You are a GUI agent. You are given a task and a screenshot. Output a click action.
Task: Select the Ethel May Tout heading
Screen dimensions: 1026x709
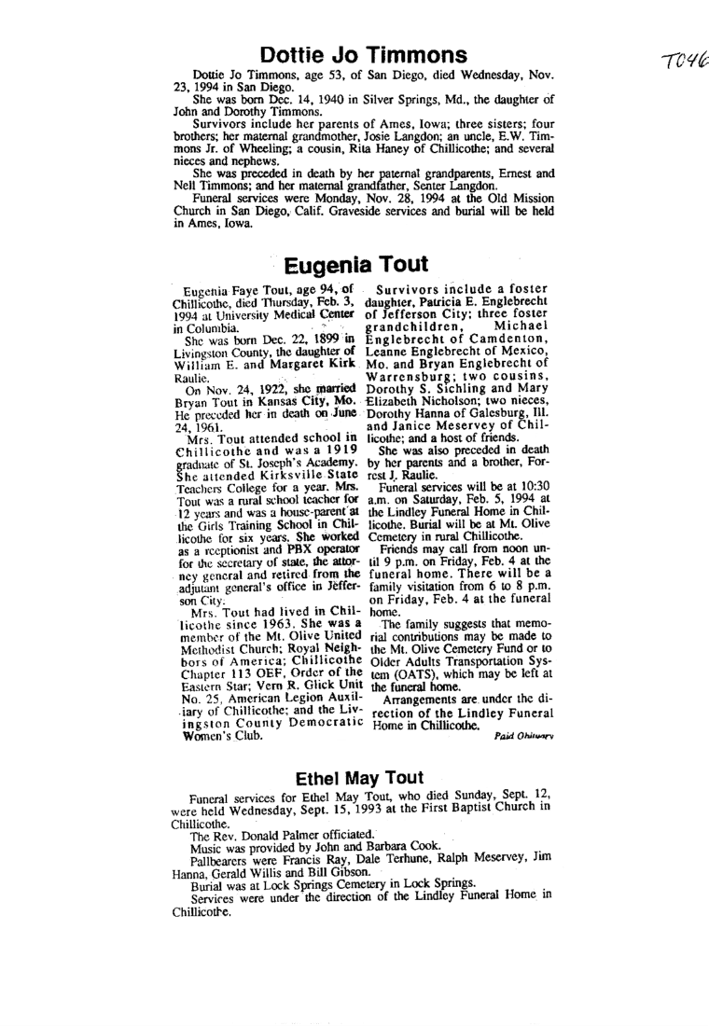(x=359, y=777)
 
